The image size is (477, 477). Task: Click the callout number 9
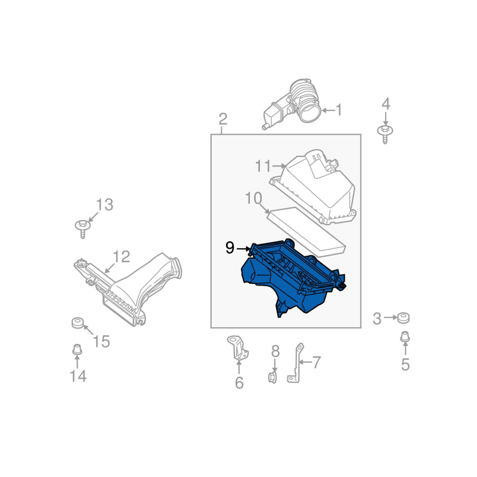[x=230, y=248]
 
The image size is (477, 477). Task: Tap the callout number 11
[x=263, y=166]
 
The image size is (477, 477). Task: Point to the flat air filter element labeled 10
[x=306, y=232]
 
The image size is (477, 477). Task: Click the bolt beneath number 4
[x=385, y=133]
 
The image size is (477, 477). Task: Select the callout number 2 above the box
[x=223, y=119]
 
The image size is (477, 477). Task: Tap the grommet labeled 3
[x=404, y=318]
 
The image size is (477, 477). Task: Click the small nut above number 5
[x=405, y=337]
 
